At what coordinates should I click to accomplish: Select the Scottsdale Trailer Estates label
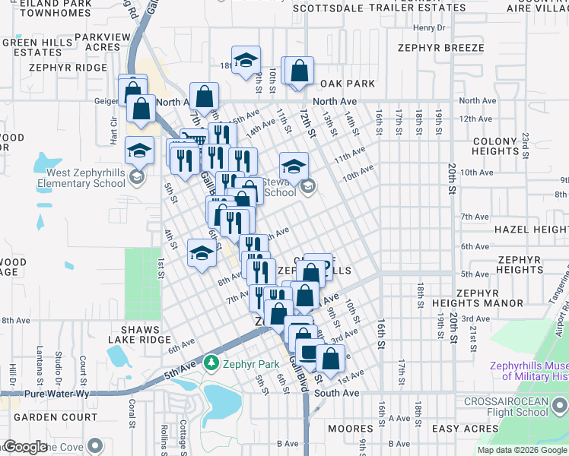pyautogui.click(x=379, y=8)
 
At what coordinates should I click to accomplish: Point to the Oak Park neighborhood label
pyautogui.click(x=348, y=83)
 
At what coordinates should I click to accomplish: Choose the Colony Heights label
pyautogui.click(x=495, y=147)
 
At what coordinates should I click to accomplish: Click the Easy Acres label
pyautogui.click(x=465, y=429)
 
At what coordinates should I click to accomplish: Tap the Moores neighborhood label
pyautogui.click(x=350, y=429)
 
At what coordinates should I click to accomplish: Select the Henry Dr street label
pyautogui.click(x=428, y=28)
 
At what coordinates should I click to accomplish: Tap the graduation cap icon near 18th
pyautogui.click(x=246, y=60)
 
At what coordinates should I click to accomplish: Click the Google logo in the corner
pyautogui.click(x=24, y=447)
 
